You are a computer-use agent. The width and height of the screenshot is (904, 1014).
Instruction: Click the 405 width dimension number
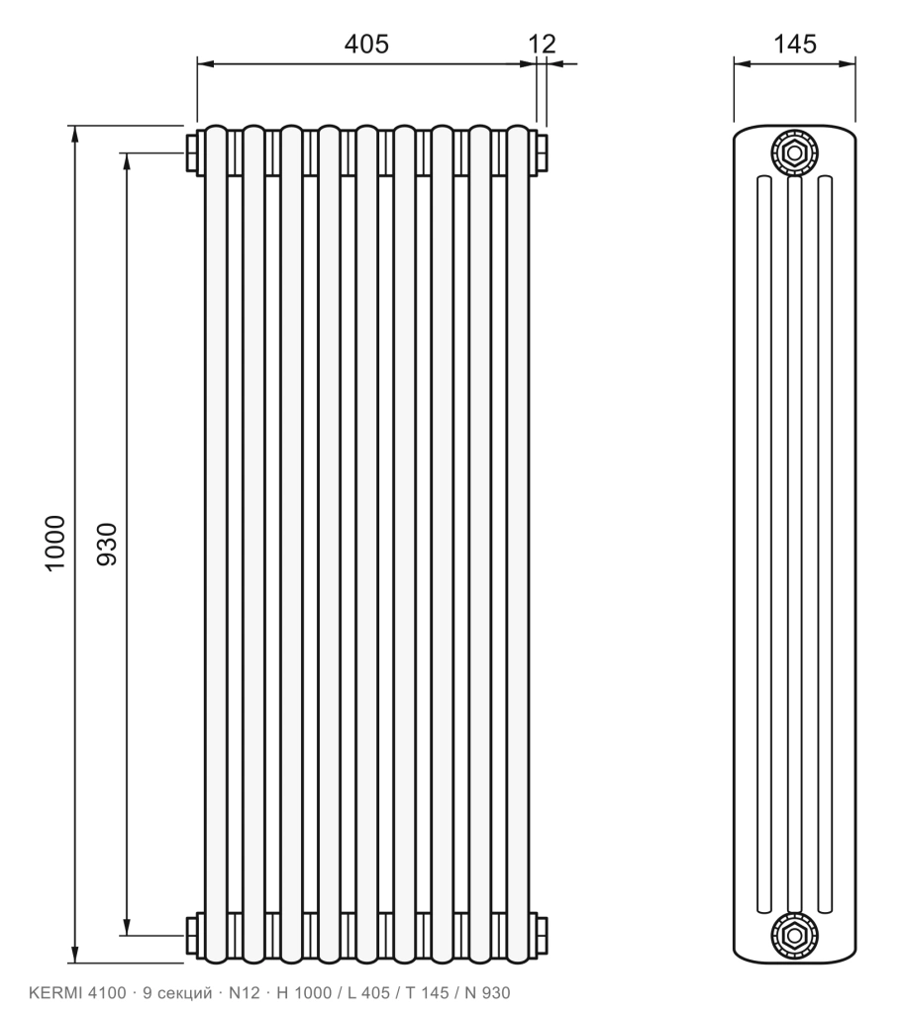[x=366, y=44]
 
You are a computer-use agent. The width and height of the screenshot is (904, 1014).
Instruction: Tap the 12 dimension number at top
[x=542, y=44]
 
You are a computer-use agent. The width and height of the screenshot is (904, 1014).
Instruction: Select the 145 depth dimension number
[x=795, y=44]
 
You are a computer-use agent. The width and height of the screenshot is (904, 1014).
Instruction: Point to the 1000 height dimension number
[x=55, y=543]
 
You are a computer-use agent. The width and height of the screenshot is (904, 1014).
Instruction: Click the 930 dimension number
[x=107, y=544]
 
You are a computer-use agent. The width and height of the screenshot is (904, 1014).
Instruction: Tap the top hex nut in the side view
[x=793, y=153]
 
